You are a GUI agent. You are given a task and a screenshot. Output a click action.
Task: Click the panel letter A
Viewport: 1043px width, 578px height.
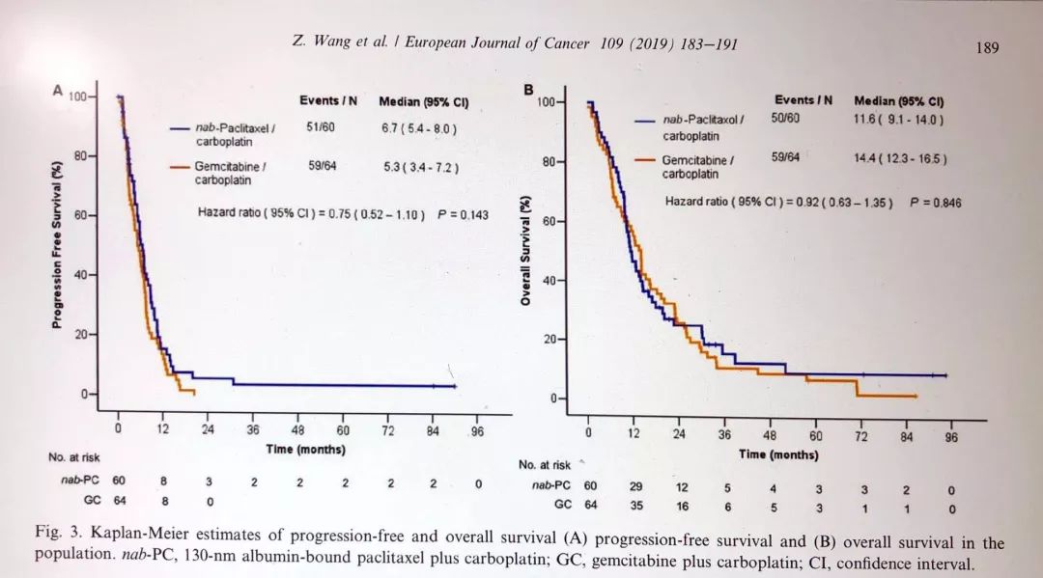point(58,91)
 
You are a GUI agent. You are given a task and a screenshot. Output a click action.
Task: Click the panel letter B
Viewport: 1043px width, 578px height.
point(528,89)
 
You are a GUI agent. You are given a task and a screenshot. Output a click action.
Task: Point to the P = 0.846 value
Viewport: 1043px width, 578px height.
point(935,203)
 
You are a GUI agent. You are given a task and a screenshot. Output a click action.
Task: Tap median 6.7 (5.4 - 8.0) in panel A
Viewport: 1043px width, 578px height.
point(419,128)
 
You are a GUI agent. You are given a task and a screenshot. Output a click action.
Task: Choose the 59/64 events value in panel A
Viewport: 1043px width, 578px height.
point(322,166)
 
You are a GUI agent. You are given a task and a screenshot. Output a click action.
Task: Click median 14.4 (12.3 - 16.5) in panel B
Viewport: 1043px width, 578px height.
point(900,157)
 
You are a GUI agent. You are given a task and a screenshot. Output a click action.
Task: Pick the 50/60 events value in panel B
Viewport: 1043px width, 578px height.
point(786,119)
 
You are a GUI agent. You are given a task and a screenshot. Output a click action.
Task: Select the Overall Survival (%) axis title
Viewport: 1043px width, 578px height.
point(525,250)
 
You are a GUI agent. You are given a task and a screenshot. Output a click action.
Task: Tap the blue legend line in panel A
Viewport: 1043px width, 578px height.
point(182,128)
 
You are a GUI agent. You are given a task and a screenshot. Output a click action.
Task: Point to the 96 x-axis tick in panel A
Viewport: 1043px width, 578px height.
point(477,431)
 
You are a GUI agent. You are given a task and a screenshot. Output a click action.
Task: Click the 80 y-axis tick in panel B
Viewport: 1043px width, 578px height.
point(549,162)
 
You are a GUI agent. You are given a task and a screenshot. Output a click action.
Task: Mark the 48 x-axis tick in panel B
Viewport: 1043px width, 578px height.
point(770,435)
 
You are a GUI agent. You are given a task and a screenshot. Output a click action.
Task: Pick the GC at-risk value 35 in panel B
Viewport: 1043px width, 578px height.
point(634,504)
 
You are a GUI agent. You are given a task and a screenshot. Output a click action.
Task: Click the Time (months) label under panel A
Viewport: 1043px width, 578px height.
point(305,449)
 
